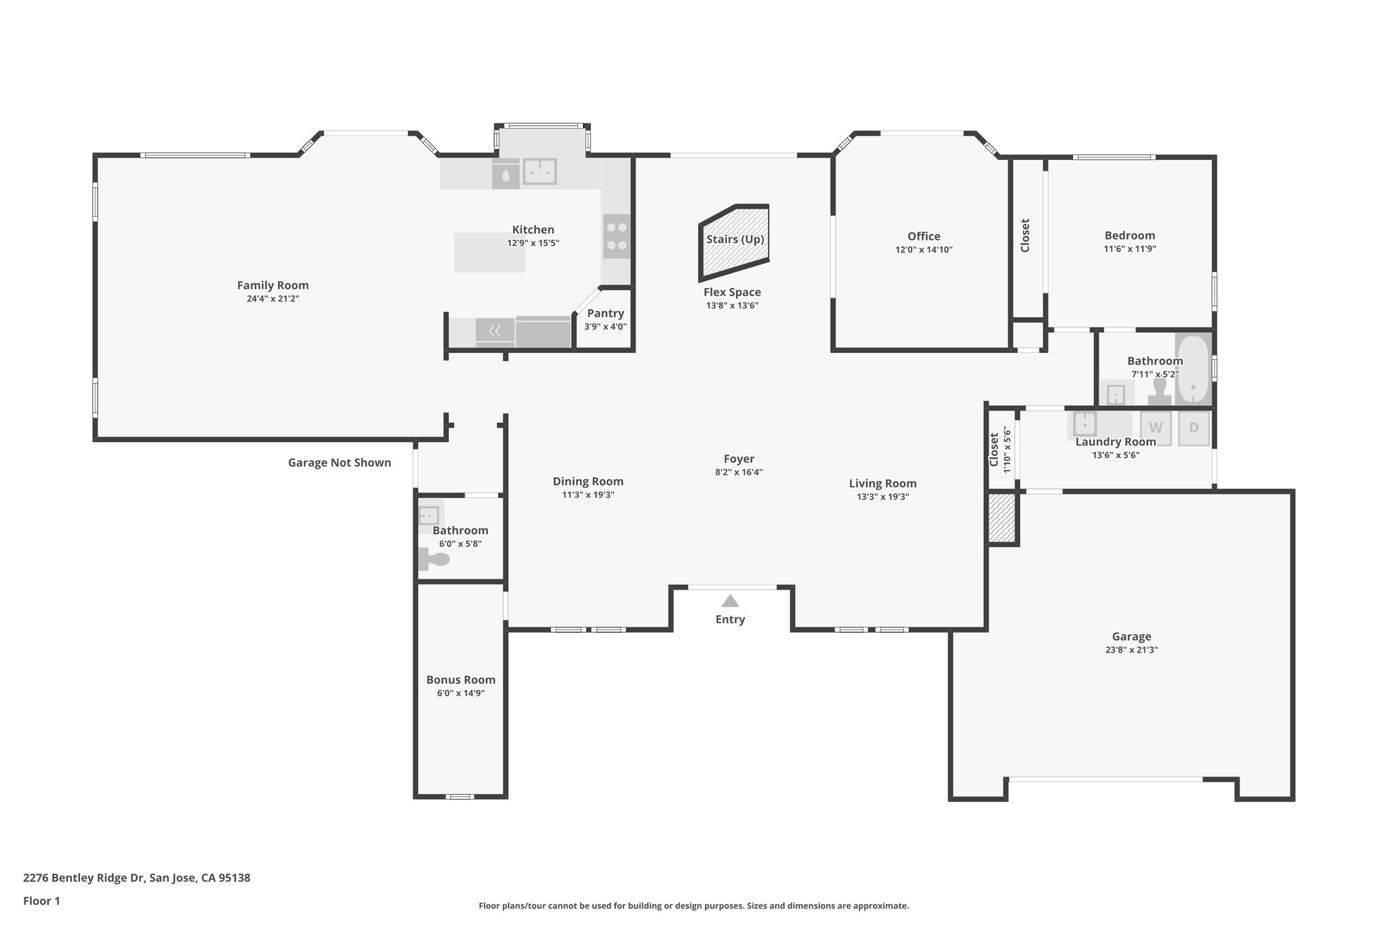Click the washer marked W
[x=1156, y=428]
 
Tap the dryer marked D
[x=1193, y=428]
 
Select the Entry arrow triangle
[x=730, y=601]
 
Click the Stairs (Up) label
[x=735, y=239]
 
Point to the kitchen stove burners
[x=617, y=236]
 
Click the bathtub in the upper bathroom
[x=1193, y=370]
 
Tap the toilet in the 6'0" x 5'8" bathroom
[x=436, y=560]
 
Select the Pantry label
[x=605, y=313]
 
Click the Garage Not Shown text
[x=340, y=463]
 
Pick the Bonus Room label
[x=461, y=680]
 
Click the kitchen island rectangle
[x=489, y=253]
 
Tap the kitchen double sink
[x=539, y=171]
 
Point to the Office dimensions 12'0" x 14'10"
[x=924, y=250]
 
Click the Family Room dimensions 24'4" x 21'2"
[x=272, y=299]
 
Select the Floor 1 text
[x=42, y=901]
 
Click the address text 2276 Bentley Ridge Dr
[x=136, y=878]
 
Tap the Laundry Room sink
[x=1084, y=424]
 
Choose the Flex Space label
[x=732, y=292]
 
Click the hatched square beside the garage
[x=1002, y=518]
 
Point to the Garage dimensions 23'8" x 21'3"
[x=1131, y=650]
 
